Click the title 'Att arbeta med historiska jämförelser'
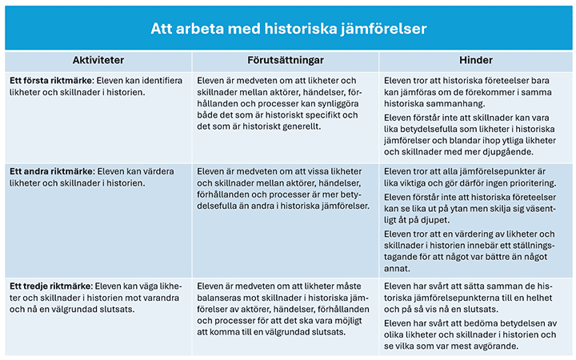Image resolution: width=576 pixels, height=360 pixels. coord(288,28)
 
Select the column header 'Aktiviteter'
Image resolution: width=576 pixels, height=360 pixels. coord(98,61)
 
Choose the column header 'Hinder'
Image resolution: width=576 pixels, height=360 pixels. coord(475,61)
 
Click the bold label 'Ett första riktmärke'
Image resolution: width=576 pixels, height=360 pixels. coord(51,81)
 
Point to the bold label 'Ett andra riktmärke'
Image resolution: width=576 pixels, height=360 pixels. coord(51,171)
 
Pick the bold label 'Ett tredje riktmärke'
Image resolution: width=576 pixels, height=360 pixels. coord(50,285)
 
